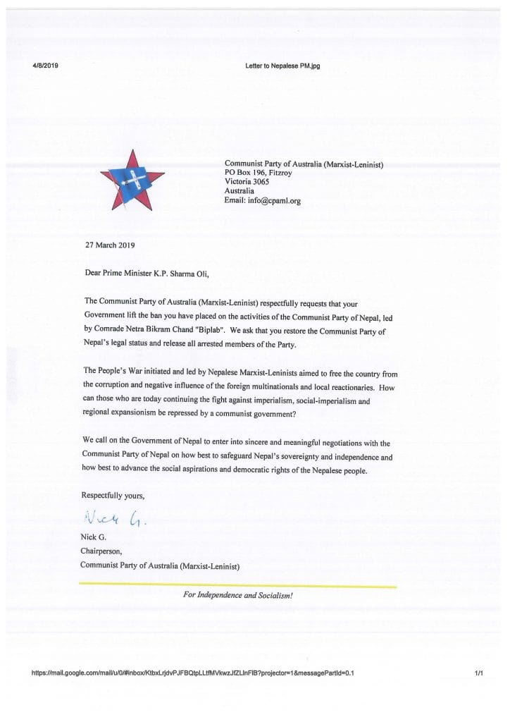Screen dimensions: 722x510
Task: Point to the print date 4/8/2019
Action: tap(45, 66)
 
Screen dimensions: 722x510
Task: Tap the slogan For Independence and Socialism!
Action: tap(237, 594)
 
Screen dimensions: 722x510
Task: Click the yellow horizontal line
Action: tap(237, 585)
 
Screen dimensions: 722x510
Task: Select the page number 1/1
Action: tap(478, 673)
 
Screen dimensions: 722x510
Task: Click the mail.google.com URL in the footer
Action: tap(192, 673)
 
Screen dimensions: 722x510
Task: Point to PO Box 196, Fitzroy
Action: tap(258, 173)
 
